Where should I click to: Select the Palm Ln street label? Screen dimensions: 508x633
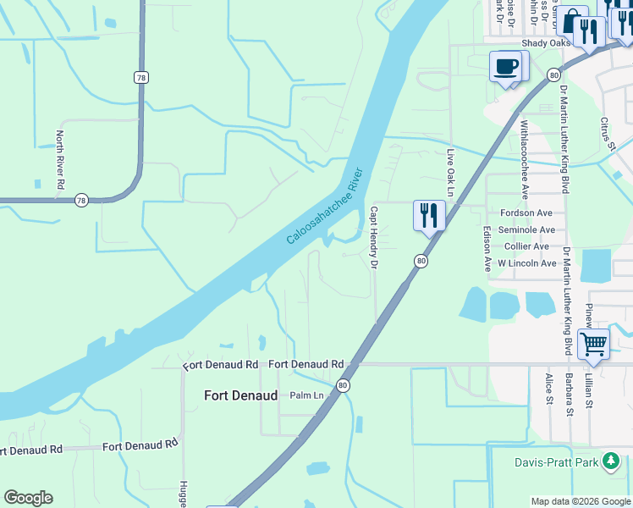point(307,395)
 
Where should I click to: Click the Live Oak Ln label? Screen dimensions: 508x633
point(451,174)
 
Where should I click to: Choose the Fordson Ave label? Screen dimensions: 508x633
point(526,213)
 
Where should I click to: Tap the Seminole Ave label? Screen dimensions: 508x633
point(526,229)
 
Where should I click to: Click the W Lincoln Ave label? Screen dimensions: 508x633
point(526,263)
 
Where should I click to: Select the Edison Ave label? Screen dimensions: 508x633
point(487,248)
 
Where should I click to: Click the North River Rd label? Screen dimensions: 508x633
point(60,159)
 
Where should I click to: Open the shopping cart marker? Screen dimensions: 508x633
point(593,344)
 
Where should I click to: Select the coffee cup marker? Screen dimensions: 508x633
point(506,66)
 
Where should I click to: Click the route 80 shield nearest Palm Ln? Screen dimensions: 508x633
point(343,385)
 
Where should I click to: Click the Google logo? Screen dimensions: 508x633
point(28,498)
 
